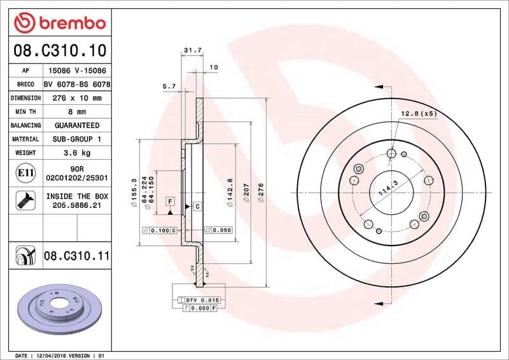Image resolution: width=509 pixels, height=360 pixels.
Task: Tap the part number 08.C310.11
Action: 76,256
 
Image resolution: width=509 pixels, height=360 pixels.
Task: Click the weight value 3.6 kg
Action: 76,153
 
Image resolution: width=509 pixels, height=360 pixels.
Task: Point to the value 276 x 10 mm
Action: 76,99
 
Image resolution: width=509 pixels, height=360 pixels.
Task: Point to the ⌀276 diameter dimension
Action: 260,192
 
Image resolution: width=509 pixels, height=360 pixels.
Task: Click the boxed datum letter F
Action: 170,202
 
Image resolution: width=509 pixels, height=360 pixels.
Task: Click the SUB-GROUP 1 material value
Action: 76,139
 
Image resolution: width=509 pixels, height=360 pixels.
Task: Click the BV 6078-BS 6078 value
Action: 76,85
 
